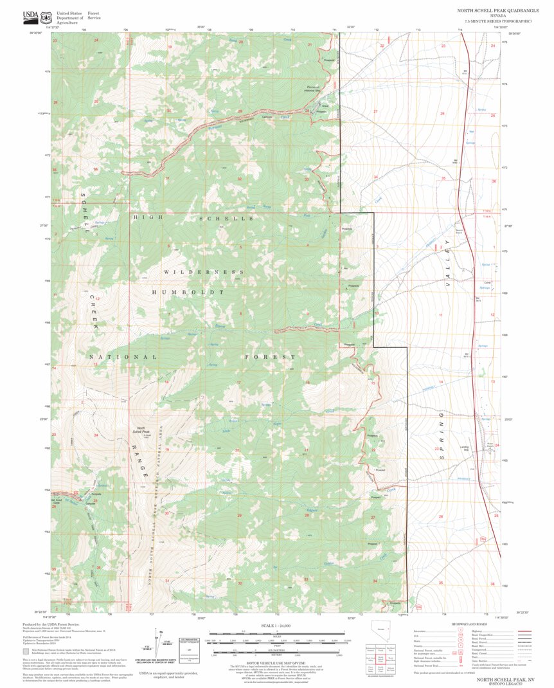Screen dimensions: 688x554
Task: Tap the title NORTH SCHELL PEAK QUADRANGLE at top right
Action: click(490, 11)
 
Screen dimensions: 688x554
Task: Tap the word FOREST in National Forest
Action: click(270, 356)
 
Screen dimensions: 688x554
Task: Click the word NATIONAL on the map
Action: click(122, 356)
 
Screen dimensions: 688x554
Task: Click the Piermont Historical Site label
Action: click(313, 89)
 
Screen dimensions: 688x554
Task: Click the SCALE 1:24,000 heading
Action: click(276, 625)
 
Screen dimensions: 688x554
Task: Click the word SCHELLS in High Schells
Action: click(218, 219)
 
